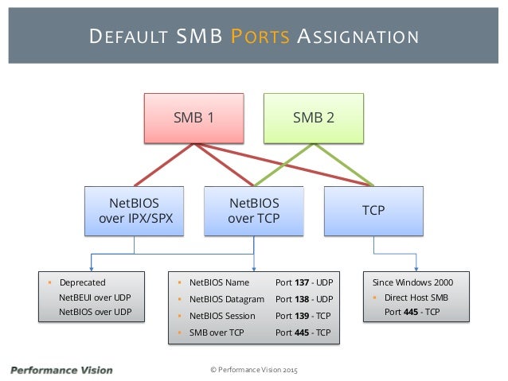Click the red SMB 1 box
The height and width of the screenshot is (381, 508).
pos(194,118)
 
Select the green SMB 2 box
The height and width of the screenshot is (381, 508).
pos(314,118)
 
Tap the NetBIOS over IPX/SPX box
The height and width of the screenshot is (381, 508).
pos(134,211)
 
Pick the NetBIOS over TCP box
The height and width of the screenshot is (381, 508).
pos(253,211)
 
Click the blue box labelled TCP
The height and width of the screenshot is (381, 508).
pos(373,211)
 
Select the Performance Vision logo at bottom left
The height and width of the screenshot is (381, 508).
pos(61,370)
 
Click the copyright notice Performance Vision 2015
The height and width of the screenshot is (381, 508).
pos(253,370)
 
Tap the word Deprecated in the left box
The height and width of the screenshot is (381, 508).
pos(82,282)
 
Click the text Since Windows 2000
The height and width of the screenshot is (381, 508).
pos(413,282)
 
